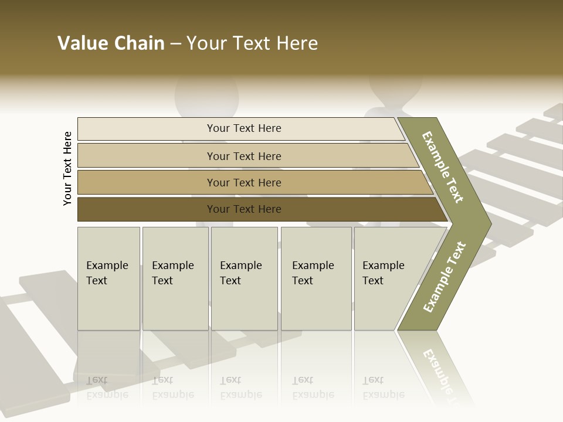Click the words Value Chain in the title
[x=111, y=43]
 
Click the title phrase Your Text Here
[x=252, y=43]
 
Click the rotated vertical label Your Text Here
[x=67, y=168]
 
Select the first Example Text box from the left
[x=108, y=278]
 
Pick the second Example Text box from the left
[x=175, y=278]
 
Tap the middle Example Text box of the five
[x=244, y=278]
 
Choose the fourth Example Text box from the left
[x=316, y=278]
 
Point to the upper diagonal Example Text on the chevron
[x=443, y=168]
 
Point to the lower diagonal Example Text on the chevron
[x=445, y=277]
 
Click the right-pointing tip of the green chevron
[x=489, y=224]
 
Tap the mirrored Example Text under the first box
[x=107, y=387]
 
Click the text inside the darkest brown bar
[x=244, y=209]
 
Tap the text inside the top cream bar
[x=244, y=128]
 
